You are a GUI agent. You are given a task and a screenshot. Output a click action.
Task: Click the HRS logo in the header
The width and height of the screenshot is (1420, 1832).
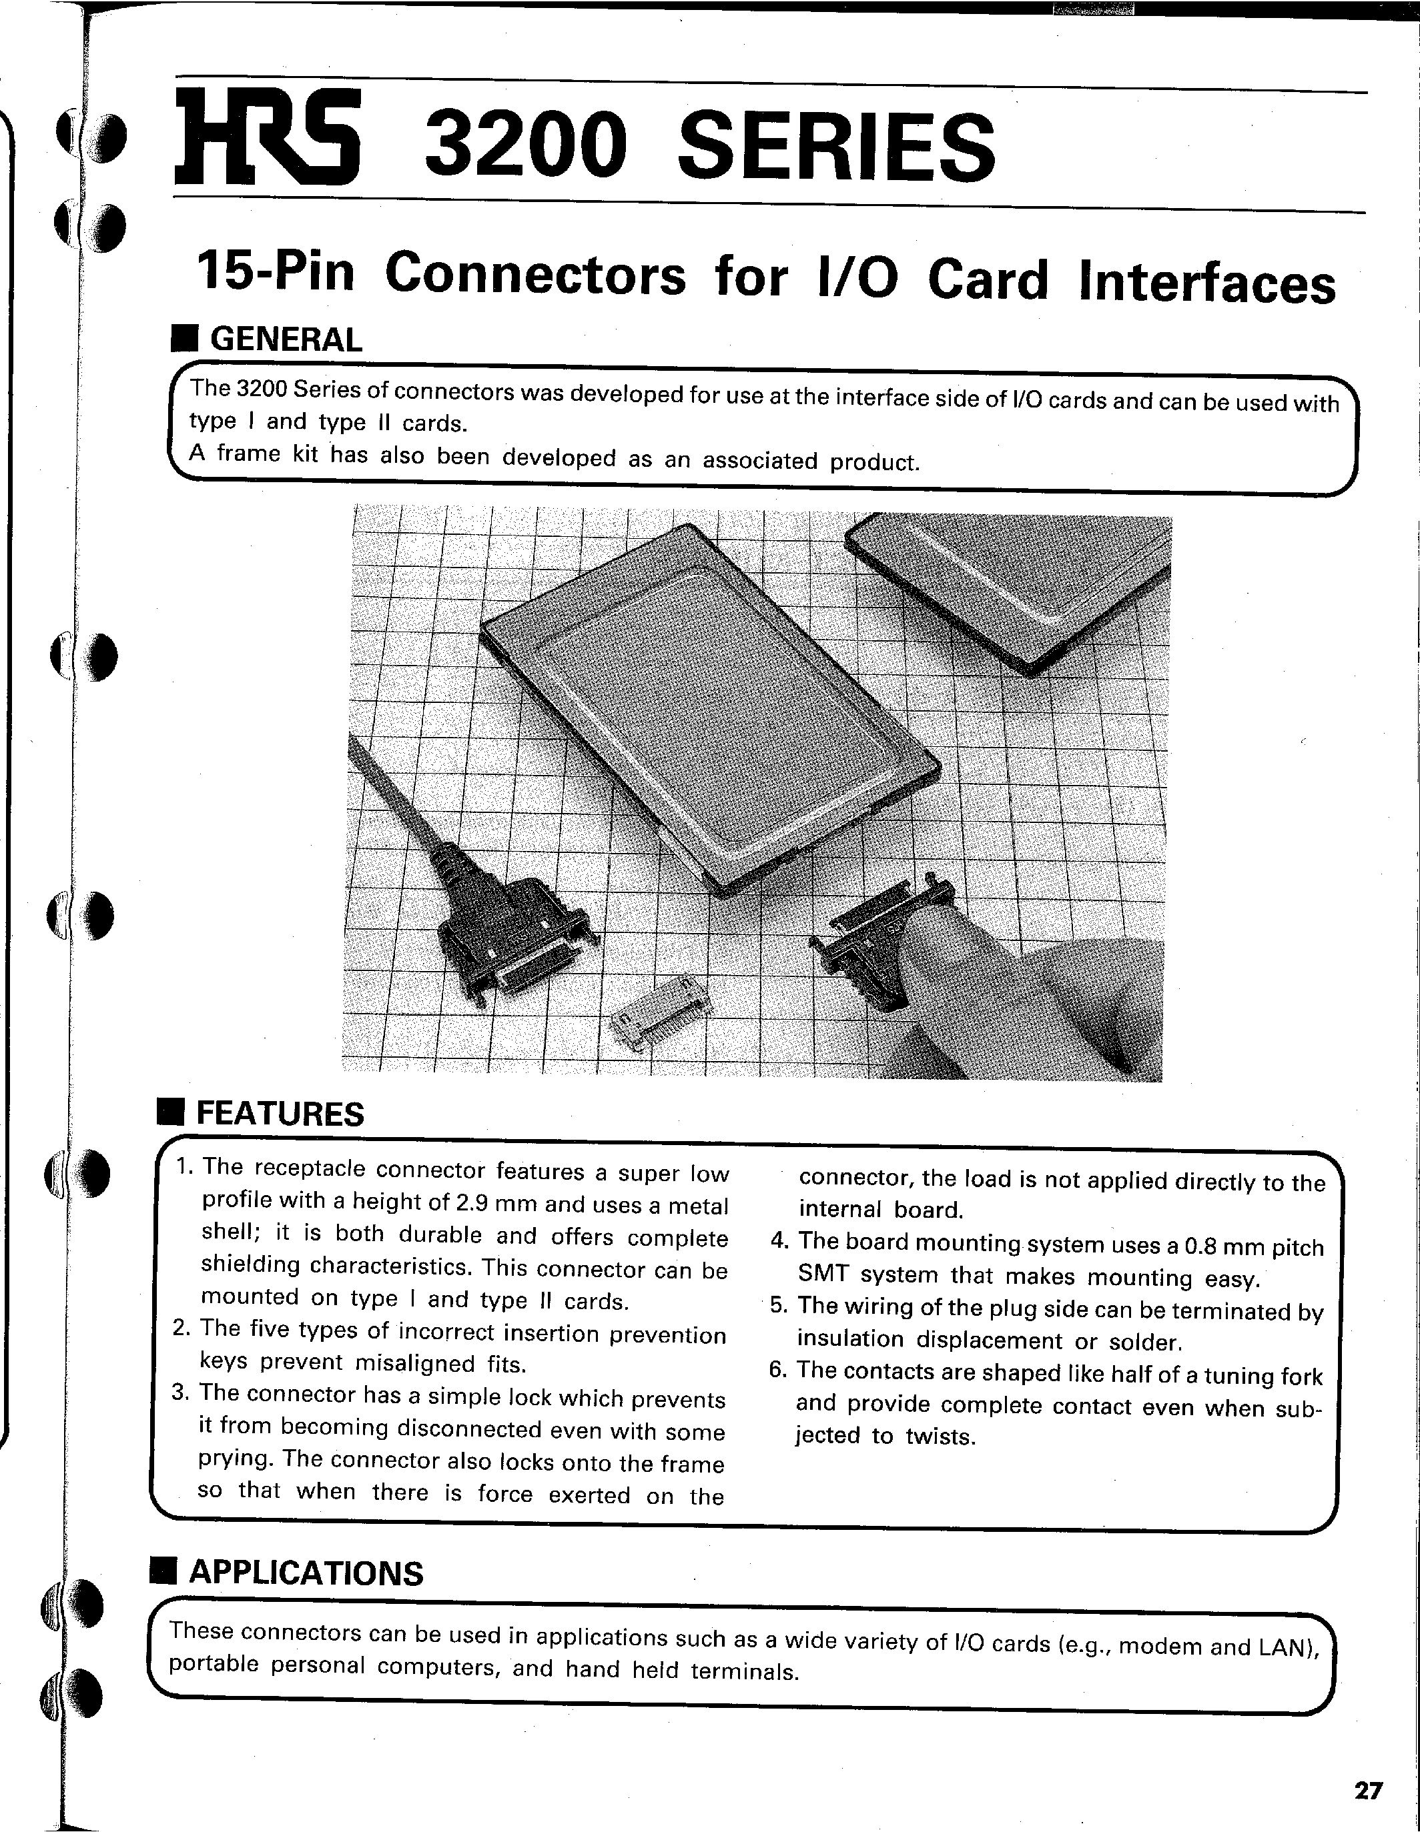tap(267, 139)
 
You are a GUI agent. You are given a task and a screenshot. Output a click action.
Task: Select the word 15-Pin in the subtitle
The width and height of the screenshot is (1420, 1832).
tap(276, 273)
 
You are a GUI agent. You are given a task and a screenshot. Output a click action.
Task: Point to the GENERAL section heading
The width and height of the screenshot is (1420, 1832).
tap(286, 339)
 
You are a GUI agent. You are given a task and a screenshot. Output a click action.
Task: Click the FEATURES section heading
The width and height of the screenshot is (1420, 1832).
tap(280, 1114)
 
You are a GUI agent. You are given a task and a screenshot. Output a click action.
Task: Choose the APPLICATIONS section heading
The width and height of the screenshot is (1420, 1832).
tap(306, 1573)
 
